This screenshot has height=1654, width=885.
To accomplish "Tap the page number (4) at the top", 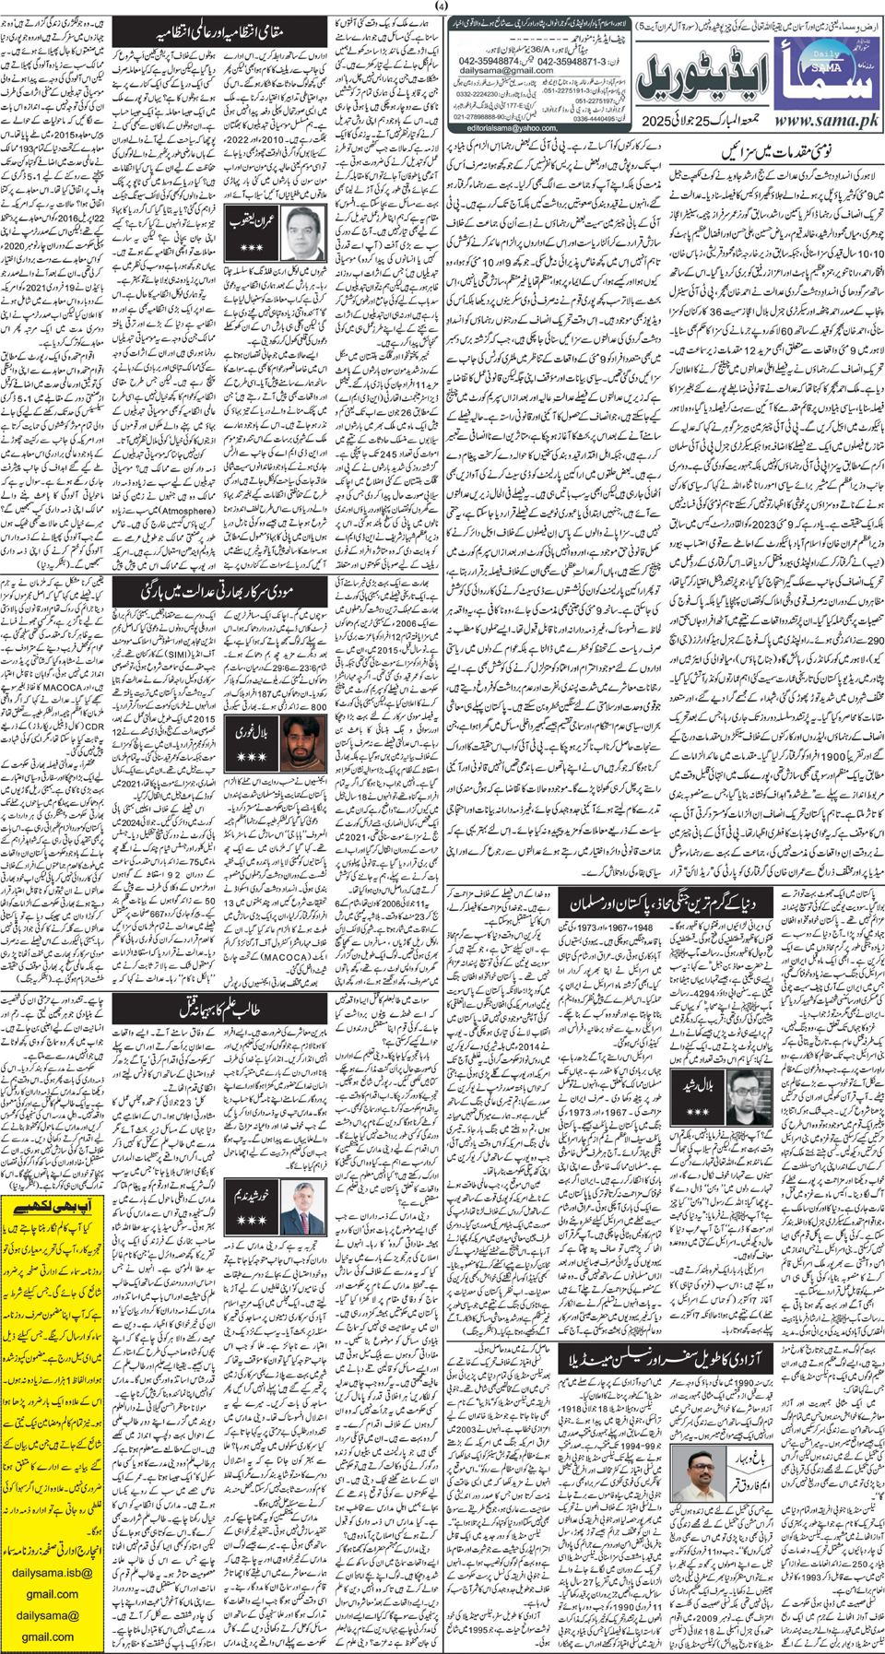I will click(x=442, y=6).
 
